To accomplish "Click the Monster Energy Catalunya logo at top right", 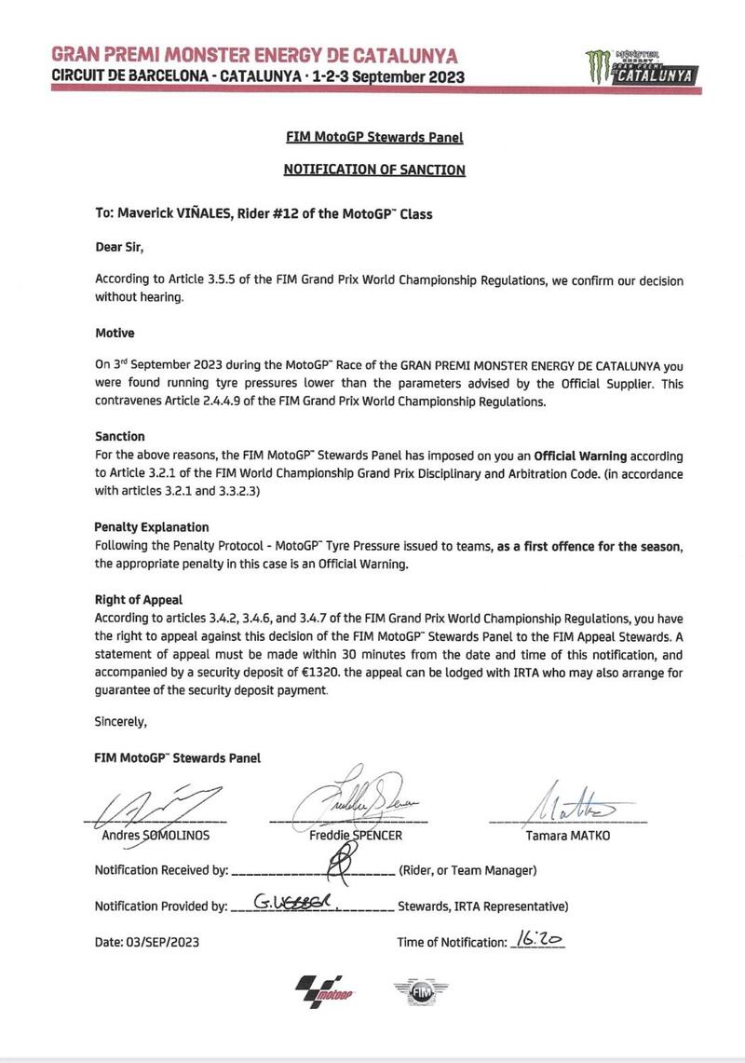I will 639,68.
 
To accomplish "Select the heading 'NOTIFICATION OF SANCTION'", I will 373,170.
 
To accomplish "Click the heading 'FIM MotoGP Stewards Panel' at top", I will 373,138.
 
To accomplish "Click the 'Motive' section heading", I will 115,332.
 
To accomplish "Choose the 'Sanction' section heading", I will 120,436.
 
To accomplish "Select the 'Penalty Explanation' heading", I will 152,526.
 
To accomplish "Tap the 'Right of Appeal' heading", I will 140,601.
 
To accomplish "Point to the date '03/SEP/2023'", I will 164,942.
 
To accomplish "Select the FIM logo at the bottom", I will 415,994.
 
